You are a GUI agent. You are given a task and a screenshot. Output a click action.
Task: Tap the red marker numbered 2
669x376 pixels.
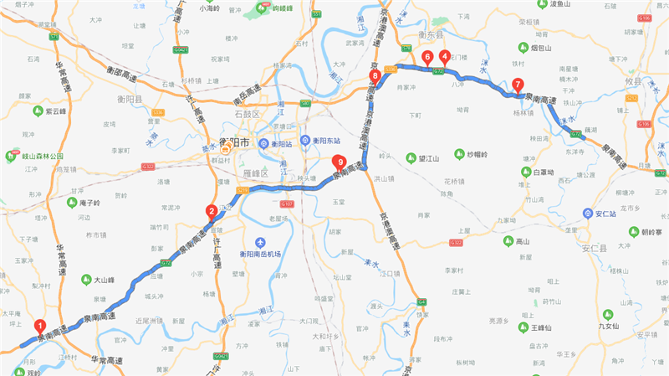point(212,211)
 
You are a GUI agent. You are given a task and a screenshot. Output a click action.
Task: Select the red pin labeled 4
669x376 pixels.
point(443,57)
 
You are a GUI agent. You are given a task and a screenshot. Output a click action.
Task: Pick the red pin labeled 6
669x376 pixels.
point(427,57)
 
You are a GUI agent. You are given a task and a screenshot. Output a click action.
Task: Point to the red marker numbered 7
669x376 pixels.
point(518,84)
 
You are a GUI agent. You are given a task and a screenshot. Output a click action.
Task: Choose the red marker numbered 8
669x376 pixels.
point(375,76)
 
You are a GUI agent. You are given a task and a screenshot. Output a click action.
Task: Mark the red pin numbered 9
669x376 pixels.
point(339,162)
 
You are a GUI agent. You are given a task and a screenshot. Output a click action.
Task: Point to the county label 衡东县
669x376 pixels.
point(431,34)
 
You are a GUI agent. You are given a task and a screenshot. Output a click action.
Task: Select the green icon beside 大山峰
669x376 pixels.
point(87,279)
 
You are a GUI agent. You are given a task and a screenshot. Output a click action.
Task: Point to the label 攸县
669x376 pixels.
point(632,81)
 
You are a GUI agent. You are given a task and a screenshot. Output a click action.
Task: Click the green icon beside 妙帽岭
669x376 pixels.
point(458,154)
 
